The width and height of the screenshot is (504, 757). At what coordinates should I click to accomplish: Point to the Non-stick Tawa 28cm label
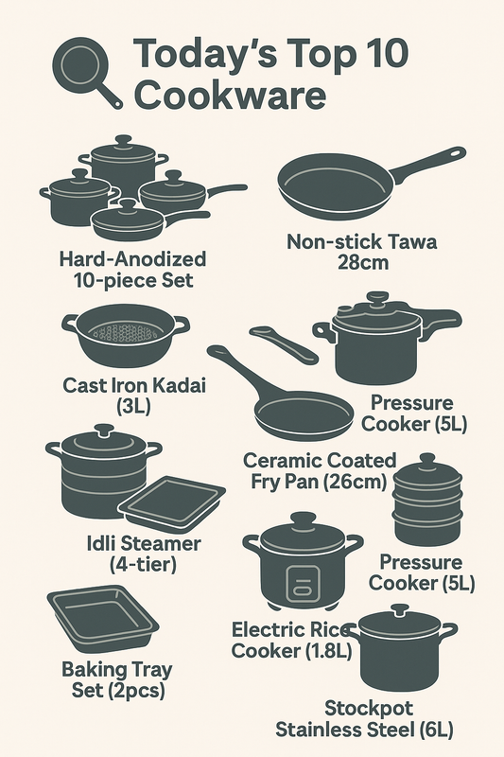pos(362,251)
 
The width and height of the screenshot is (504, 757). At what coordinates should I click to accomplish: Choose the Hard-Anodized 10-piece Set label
pos(132,269)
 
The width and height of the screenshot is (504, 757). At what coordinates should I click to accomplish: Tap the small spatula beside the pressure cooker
pos(284,343)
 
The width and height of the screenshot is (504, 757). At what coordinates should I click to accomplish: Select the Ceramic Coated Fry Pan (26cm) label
pos(320,470)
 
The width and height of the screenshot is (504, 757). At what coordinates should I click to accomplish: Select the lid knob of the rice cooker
pos(302,519)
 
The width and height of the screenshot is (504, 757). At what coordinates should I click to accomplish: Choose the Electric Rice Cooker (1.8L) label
pos(292,640)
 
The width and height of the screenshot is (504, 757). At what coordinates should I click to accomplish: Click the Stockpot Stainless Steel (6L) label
pos(363,718)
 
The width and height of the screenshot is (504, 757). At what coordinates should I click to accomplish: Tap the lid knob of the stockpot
pos(401,609)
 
